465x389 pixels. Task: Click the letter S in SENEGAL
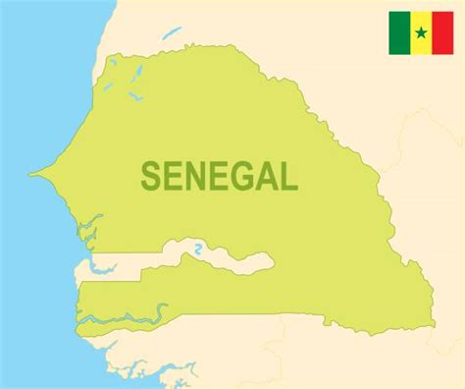tap(152, 176)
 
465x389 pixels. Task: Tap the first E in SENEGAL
tap(175, 176)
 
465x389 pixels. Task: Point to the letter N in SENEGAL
tap(197, 176)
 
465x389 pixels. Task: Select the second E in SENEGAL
tap(219, 176)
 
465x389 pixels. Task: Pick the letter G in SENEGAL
tap(241, 176)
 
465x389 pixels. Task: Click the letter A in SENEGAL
tap(265, 176)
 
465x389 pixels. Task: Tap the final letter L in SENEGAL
tap(286, 176)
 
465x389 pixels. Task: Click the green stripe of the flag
tap(399, 32)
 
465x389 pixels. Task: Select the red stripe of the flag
tap(442, 32)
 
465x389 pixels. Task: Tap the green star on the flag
tap(421, 33)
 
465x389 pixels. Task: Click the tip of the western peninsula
tap(31, 176)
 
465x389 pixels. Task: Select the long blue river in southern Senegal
tap(118, 317)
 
